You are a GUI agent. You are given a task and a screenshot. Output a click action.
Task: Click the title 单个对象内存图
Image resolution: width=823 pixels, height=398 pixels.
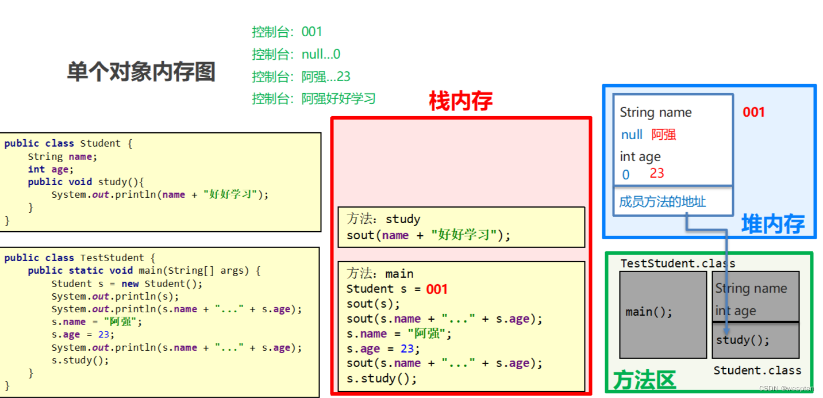tap(141, 72)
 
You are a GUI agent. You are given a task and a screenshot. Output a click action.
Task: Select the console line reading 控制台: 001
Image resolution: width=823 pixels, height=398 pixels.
tap(287, 32)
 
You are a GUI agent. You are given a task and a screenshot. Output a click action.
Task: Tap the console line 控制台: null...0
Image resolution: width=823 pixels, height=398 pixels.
tap(295, 54)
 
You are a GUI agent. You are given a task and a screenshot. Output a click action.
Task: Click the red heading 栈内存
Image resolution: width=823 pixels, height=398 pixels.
tap(460, 101)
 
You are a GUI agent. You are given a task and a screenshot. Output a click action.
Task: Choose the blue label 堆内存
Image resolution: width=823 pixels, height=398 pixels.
tap(772, 224)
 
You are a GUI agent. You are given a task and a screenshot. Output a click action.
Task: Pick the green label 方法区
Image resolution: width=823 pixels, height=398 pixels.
tap(644, 380)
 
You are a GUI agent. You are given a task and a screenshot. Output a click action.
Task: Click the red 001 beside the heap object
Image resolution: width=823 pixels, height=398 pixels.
tap(753, 112)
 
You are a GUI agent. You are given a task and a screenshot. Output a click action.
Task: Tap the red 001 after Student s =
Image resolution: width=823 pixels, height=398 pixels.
tap(436, 289)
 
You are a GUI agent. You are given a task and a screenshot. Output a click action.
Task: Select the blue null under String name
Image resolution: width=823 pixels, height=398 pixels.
tap(632, 135)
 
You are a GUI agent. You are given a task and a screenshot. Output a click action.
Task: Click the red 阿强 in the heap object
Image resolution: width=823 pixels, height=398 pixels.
tap(663, 135)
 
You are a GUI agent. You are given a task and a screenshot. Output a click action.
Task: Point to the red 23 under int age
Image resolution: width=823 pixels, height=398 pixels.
tap(656, 173)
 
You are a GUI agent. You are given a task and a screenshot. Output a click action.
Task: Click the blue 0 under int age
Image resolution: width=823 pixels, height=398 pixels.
tap(626, 174)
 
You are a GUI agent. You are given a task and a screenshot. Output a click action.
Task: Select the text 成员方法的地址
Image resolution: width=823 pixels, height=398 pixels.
tap(662, 202)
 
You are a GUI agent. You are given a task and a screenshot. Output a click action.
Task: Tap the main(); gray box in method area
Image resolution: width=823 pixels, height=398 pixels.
tap(662, 313)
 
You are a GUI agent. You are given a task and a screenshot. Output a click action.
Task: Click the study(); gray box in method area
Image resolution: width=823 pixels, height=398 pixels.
tap(755, 340)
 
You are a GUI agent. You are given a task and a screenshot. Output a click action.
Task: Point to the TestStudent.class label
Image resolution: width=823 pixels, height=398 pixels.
tap(678, 263)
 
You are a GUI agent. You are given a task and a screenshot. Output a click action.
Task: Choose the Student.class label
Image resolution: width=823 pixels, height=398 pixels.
tap(757, 370)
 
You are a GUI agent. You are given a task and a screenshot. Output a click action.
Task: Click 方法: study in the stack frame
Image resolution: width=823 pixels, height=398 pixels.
tap(383, 219)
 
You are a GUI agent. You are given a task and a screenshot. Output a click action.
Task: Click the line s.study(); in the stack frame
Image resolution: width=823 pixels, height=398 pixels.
tap(381, 378)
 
